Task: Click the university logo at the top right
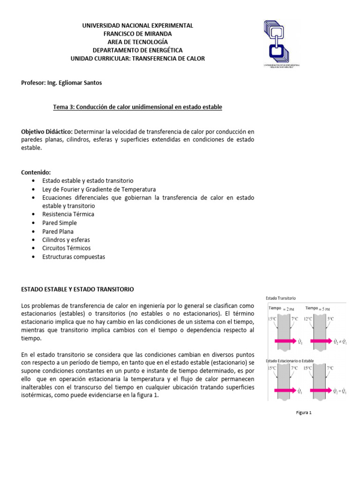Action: pyautogui.click(x=281, y=42)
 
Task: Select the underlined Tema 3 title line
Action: pyautogui.click(x=137, y=107)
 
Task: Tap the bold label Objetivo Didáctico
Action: pyautogui.click(x=47, y=131)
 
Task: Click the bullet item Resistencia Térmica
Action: pyautogui.click(x=68, y=214)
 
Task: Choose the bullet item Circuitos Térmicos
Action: pyautogui.click(x=66, y=248)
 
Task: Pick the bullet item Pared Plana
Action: pyautogui.click(x=58, y=231)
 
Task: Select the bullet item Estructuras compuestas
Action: pyautogui.click(x=74, y=257)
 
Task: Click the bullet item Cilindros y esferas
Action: pyautogui.click(x=66, y=240)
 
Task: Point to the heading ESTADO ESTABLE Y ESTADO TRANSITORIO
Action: pyautogui.click(x=78, y=289)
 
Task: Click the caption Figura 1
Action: pyautogui.click(x=304, y=412)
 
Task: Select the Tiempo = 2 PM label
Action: pyautogui.click(x=281, y=308)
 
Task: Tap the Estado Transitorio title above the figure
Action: pyautogui.click(x=280, y=298)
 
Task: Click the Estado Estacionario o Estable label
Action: pyautogui.click(x=290, y=360)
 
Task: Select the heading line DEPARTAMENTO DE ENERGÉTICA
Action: pyautogui.click(x=137, y=50)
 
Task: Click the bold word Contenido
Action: pyautogui.click(x=36, y=172)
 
